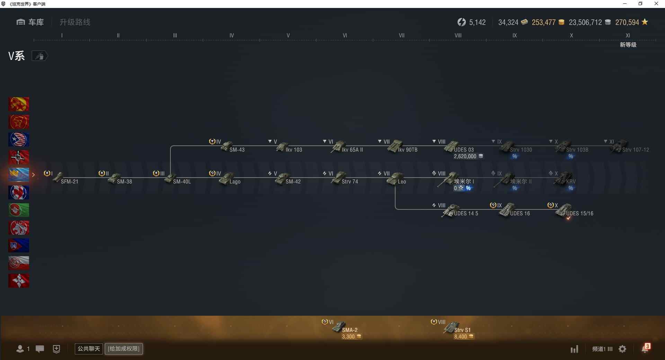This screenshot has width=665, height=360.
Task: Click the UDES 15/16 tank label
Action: coord(579,213)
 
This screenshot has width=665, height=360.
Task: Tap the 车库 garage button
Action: coord(30,22)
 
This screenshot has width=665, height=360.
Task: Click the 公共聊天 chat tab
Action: coord(89,349)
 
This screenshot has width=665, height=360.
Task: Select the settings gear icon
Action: coord(622,349)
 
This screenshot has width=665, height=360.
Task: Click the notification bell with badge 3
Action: coord(645,349)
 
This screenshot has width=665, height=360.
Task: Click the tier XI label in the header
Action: coord(628,35)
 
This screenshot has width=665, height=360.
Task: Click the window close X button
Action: coord(656,4)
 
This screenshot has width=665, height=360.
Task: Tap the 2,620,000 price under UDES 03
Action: coord(465,156)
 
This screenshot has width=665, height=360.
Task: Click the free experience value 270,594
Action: coord(627,22)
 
